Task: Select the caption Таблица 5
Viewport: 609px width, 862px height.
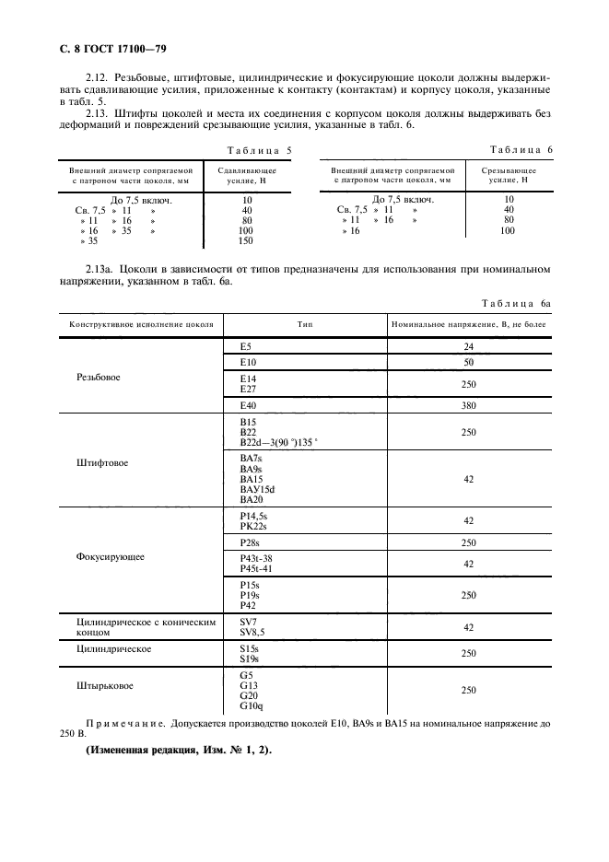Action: (x=259, y=149)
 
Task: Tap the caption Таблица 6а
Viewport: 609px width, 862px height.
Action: (x=516, y=303)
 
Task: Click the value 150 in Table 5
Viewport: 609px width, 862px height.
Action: (x=246, y=241)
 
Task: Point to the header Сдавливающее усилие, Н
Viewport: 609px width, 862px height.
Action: (x=246, y=176)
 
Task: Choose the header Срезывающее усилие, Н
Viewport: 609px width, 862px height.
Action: (x=509, y=176)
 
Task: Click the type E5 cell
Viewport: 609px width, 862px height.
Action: (x=245, y=347)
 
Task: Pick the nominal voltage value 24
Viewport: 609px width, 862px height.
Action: (x=468, y=347)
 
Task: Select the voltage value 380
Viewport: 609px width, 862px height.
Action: (x=468, y=405)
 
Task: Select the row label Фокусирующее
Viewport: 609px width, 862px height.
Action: (x=102, y=557)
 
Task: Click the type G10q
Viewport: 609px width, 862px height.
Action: (x=251, y=706)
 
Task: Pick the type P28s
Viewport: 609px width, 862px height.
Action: (x=250, y=543)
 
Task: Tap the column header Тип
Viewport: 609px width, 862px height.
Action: (x=304, y=325)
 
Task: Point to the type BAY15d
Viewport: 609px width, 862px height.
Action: (x=257, y=489)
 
